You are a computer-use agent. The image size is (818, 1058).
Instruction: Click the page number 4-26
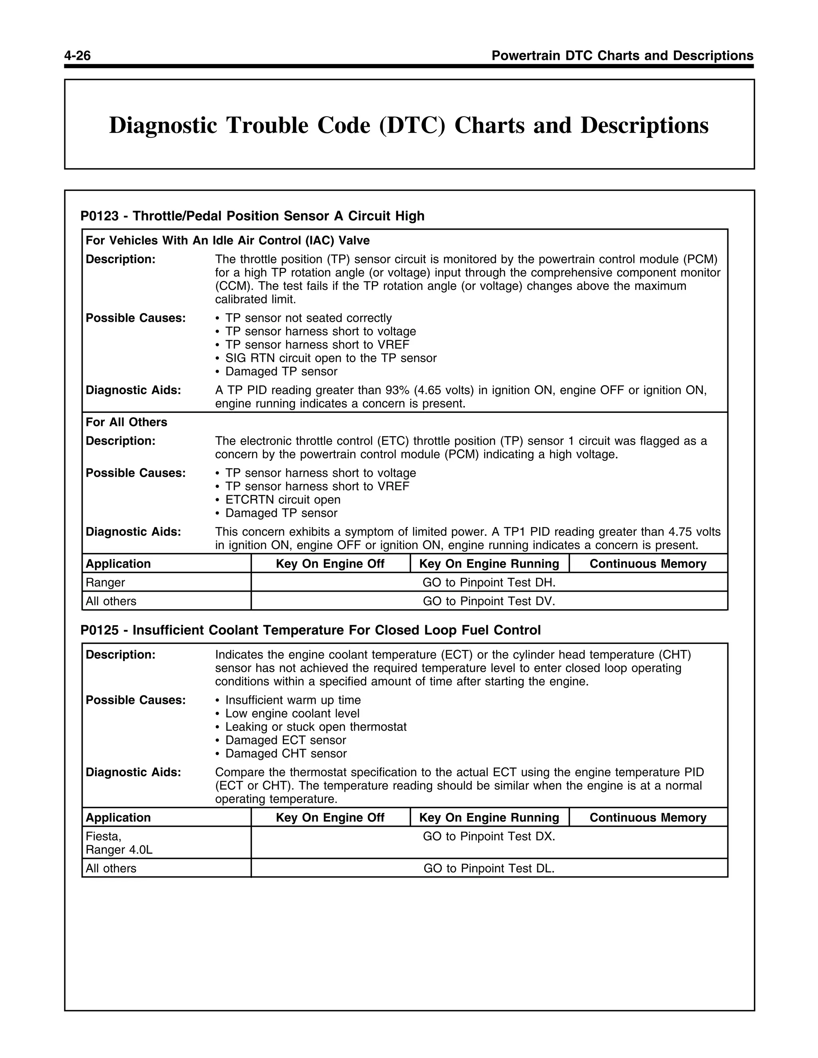point(77,56)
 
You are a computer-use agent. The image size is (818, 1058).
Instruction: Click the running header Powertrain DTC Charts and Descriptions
point(622,56)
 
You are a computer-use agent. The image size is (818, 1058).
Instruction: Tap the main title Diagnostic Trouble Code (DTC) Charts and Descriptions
point(409,125)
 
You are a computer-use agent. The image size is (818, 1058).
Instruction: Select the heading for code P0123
point(252,216)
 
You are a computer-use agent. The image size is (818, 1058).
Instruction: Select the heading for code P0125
point(310,630)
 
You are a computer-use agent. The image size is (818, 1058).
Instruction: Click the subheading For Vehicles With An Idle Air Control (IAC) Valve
point(227,241)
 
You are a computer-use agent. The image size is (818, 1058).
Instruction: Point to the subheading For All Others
point(126,422)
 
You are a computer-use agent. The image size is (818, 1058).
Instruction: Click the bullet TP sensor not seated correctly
point(308,318)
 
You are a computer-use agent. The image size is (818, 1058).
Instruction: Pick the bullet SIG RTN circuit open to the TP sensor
point(330,359)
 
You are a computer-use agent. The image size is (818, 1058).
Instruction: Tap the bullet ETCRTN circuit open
point(282,500)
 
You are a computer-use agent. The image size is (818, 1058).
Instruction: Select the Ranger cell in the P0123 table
point(105,583)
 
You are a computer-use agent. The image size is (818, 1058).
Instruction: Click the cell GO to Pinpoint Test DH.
point(488,583)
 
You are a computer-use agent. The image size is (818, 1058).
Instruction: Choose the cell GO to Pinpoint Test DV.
point(488,602)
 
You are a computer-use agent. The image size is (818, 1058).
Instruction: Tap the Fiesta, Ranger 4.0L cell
point(119,843)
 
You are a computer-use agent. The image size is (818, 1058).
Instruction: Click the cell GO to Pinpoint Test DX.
point(488,836)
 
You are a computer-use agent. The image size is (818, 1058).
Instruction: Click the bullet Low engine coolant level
point(292,713)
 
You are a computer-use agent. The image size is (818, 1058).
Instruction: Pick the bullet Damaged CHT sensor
point(286,754)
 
